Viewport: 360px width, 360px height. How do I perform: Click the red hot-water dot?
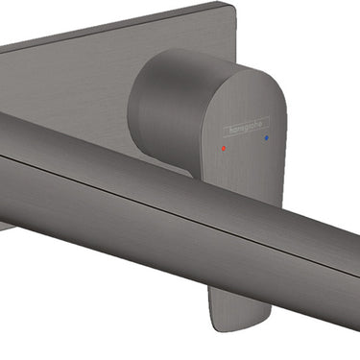tap(224, 149)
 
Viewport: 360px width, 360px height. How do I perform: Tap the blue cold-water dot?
tap(267, 138)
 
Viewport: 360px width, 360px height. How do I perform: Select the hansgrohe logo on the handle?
tap(246, 126)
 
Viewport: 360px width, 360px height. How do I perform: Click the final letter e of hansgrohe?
tap(260, 122)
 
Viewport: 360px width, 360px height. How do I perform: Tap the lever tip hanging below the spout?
tap(239, 308)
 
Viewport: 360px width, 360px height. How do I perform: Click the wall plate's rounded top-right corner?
tap(233, 7)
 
